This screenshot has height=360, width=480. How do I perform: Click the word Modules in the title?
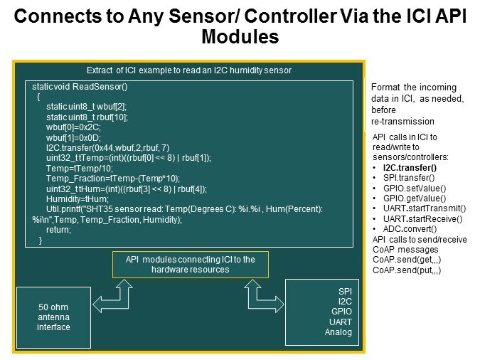coord(240,36)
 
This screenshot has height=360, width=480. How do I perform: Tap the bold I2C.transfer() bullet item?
coord(410,168)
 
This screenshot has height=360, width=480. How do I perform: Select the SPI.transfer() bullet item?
coord(409,178)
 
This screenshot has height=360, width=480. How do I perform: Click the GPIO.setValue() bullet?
coord(415,188)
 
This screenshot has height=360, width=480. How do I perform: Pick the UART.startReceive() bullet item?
coord(422,218)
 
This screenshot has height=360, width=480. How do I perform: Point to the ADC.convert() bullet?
coord(410,229)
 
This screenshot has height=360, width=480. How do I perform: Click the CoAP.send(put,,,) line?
coord(407,270)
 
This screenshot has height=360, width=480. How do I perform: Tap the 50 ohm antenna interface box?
coord(53,317)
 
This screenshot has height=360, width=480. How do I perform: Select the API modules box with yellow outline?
coord(191,265)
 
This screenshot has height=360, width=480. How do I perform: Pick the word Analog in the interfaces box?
coord(338,332)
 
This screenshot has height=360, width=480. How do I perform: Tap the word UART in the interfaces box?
coord(341,322)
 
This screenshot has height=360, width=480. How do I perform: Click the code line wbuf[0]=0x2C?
coord(73,127)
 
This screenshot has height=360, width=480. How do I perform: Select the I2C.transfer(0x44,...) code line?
coord(108,148)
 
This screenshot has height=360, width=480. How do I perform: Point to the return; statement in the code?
coord(58,230)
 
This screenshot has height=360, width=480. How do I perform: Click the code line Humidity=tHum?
coord(78,199)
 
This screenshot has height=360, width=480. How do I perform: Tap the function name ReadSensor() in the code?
coord(100,87)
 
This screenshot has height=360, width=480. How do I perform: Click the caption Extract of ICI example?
coord(189,70)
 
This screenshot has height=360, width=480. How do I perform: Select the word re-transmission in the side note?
coord(402,122)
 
